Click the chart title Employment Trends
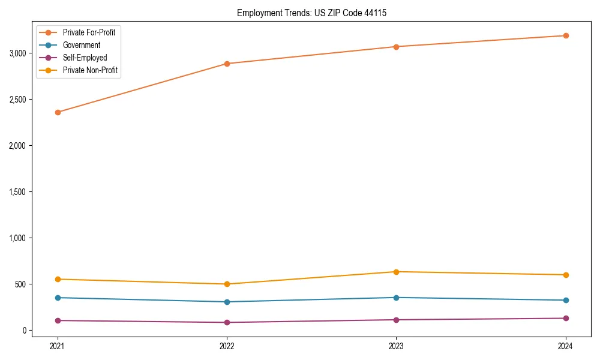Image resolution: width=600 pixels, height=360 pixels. click(x=307, y=13)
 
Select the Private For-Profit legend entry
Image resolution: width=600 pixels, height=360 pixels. click(x=89, y=32)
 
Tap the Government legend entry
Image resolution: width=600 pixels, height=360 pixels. click(x=81, y=45)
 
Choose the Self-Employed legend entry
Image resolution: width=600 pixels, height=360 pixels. click(x=85, y=58)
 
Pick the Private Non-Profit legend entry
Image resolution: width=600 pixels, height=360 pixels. click(x=90, y=70)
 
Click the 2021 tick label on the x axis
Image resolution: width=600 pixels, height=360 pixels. click(x=58, y=346)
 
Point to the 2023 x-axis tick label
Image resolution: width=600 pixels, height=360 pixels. click(x=397, y=346)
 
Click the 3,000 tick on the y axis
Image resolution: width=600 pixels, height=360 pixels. click(x=18, y=53)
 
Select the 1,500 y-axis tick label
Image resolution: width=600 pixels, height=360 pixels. click(x=18, y=192)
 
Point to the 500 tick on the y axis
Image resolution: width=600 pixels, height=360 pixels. click(x=22, y=284)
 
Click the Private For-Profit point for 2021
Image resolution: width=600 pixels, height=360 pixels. click(x=58, y=112)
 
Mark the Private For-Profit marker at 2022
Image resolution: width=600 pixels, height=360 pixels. click(x=227, y=64)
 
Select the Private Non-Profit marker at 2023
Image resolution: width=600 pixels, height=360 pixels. click(x=397, y=272)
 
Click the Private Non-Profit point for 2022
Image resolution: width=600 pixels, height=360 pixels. click(x=227, y=284)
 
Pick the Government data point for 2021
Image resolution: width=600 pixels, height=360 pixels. click(x=58, y=298)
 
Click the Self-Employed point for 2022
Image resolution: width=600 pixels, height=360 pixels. click(x=227, y=322)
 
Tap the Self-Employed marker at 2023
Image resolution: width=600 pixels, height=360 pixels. click(x=397, y=320)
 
